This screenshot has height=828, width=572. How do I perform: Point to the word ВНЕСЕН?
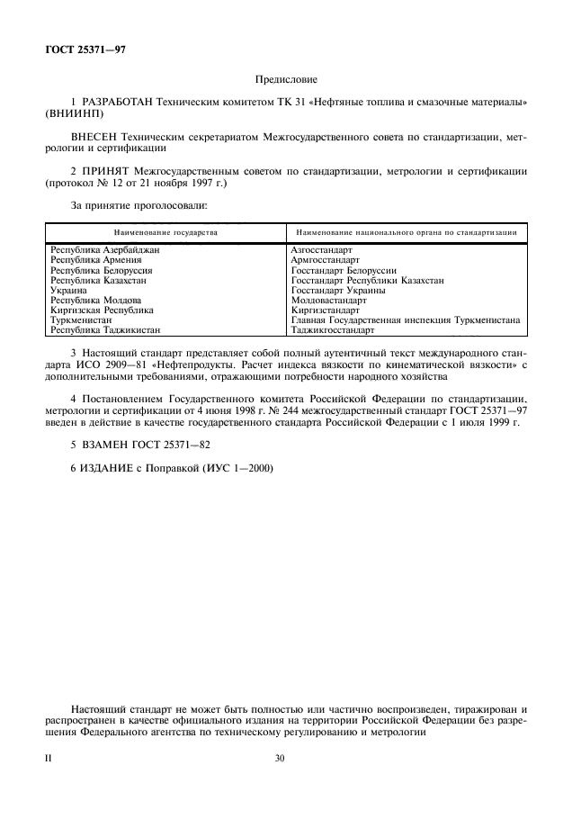click(94, 136)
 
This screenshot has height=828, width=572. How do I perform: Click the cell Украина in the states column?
click(68, 291)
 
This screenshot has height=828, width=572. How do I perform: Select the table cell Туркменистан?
click(81, 320)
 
